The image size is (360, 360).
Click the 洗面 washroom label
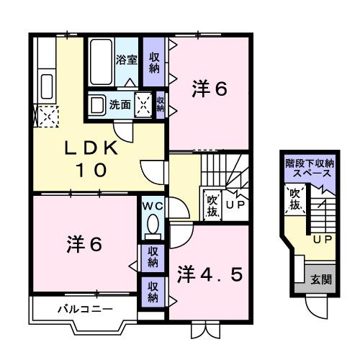coord(120,104)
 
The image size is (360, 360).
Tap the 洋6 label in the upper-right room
coord(210,89)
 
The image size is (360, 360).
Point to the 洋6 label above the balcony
coord(84,243)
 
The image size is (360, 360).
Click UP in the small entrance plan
coord(321,238)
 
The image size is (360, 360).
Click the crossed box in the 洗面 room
coord(144,104)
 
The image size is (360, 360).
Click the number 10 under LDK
coord(91,171)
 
